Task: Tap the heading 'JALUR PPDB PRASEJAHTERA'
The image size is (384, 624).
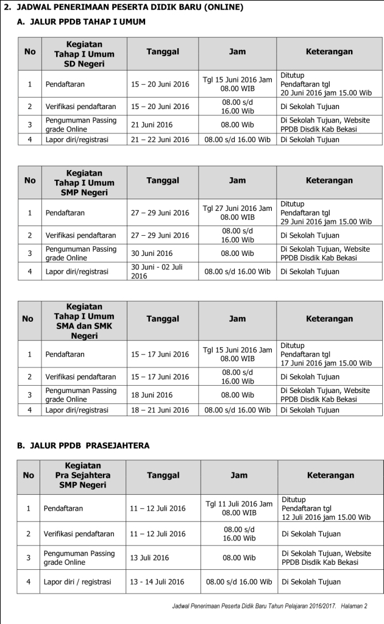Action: pyautogui.click(x=89, y=445)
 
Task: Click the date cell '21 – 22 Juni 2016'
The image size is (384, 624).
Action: pyautogui.click(x=160, y=139)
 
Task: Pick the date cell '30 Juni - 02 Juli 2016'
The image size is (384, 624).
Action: pyautogui.click(x=157, y=271)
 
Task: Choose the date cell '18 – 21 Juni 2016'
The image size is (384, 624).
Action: pyautogui.click(x=160, y=410)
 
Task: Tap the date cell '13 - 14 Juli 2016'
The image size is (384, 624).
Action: pyautogui.click(x=157, y=582)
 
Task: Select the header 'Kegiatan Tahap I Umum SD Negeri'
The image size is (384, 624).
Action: pyautogui.click(x=84, y=54)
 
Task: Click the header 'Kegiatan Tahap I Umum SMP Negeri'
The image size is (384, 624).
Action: pyautogui.click(x=84, y=182)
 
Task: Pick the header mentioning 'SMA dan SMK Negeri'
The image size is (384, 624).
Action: pyautogui.click(x=84, y=321)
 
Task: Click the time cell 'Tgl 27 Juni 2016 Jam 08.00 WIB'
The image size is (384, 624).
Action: pyautogui.click(x=237, y=213)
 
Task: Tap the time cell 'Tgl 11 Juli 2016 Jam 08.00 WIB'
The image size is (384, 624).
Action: pyautogui.click(x=239, y=508)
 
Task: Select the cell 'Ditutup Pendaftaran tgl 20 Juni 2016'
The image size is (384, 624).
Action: pyautogui.click(x=325, y=84)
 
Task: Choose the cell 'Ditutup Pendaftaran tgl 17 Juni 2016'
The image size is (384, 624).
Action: pyautogui.click(x=325, y=355)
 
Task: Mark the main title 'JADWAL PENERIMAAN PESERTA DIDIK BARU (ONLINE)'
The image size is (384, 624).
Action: pyautogui.click(x=128, y=7)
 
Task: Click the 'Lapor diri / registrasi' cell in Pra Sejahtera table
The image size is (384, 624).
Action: pyautogui.click(x=77, y=582)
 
